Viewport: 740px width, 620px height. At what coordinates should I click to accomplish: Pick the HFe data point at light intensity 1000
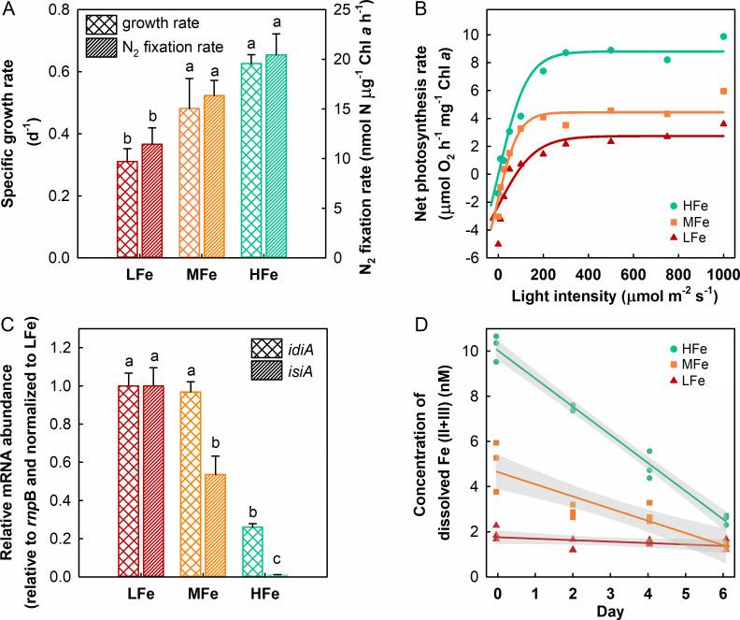point(722,36)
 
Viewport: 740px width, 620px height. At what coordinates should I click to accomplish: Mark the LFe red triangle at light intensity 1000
point(722,123)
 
